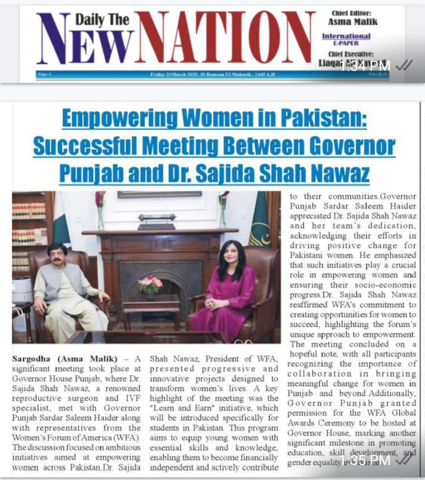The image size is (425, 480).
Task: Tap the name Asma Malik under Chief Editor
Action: pos(353,22)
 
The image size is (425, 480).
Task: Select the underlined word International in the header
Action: pos(346,36)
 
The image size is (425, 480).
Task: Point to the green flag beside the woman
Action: pos(260,220)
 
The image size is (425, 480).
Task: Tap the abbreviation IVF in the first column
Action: pos(132,398)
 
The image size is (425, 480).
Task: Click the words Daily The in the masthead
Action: pos(102,20)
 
